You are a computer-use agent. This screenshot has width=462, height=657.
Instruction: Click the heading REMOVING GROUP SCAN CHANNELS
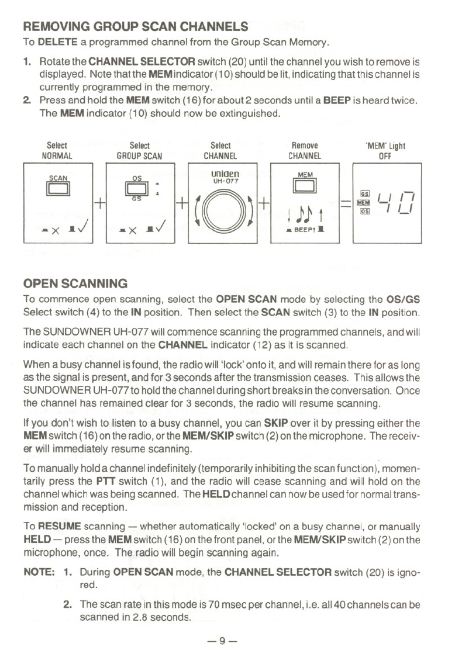pyautogui.click(x=135, y=27)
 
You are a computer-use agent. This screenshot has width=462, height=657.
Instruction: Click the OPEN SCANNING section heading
pyautogui.click(x=75, y=284)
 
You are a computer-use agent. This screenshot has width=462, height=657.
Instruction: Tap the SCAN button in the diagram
pyautogui.click(x=58, y=188)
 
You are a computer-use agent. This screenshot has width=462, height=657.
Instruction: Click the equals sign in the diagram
pyautogui.click(x=346, y=204)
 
